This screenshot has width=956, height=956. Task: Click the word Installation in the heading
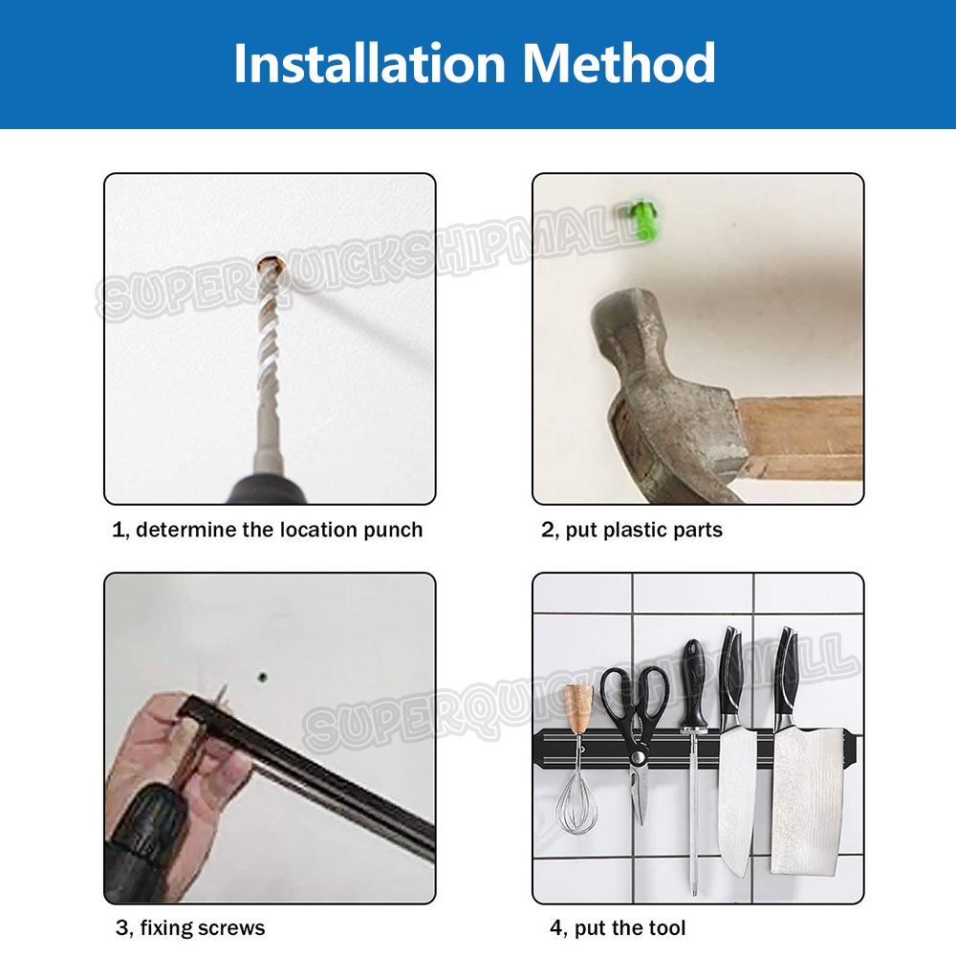(x=370, y=63)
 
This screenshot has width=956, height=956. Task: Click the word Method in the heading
(x=619, y=63)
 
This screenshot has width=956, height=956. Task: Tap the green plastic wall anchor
(x=640, y=218)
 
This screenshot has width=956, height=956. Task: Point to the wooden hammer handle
(x=800, y=438)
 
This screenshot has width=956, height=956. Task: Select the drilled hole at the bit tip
(x=272, y=266)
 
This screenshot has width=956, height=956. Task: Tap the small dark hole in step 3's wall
(x=263, y=677)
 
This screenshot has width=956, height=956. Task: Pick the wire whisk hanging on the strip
(x=576, y=798)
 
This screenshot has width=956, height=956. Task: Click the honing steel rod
(x=693, y=811)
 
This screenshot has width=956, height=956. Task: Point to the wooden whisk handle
(x=578, y=708)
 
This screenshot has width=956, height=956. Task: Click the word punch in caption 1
(x=393, y=530)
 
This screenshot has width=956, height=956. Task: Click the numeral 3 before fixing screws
(x=121, y=928)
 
